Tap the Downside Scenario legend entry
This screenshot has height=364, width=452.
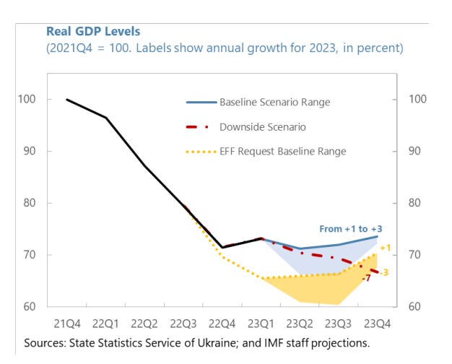[x=263, y=126]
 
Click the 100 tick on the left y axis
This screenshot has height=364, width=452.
[x=27, y=99]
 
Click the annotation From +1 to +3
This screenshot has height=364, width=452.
[x=352, y=228]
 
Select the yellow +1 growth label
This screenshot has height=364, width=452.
[x=386, y=248]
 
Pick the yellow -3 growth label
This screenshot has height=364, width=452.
[x=386, y=272]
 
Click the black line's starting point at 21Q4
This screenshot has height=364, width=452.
[x=66, y=99]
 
